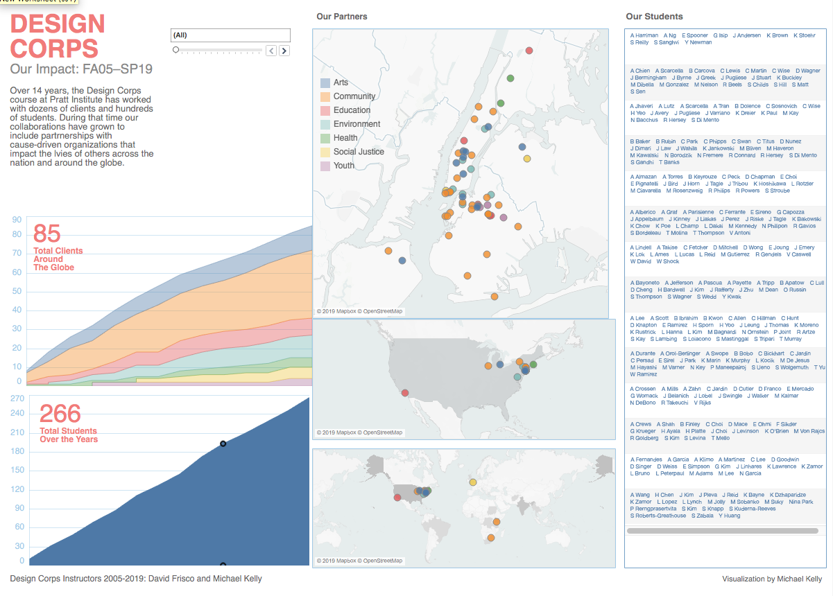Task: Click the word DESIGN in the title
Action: pyautogui.click(x=58, y=24)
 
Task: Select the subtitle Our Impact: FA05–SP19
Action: pyautogui.click(x=81, y=69)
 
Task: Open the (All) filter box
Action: pyautogui.click(x=230, y=35)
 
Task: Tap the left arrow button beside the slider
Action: pyautogui.click(x=271, y=51)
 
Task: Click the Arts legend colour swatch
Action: pyautogui.click(x=325, y=82)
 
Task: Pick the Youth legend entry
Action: pyautogui.click(x=343, y=166)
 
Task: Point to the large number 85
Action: pyautogui.click(x=47, y=234)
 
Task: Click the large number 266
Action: pyautogui.click(x=60, y=414)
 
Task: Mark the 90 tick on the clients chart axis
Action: pyautogui.click(x=17, y=220)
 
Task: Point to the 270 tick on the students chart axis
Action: pyautogui.click(x=17, y=398)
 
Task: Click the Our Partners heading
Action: pyautogui.click(x=341, y=17)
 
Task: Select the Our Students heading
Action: pyautogui.click(x=654, y=17)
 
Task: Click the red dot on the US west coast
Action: pyautogui.click(x=404, y=393)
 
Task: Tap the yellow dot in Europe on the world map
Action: pyautogui.click(x=473, y=482)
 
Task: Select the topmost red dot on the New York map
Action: pyautogui.click(x=529, y=50)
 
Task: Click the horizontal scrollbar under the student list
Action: pyautogui.click(x=721, y=531)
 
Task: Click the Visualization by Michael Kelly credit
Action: pyautogui.click(x=771, y=579)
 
